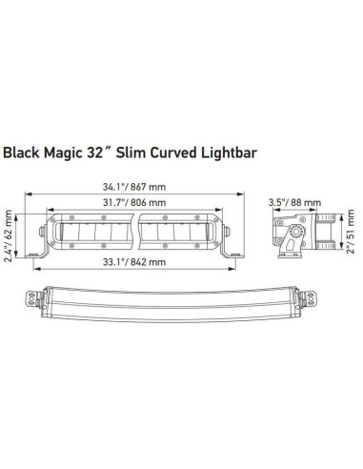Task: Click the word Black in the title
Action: point(23,152)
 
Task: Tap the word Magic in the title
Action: point(70,152)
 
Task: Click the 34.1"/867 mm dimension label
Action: point(131,186)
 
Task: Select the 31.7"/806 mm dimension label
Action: point(131,203)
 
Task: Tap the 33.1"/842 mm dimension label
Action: point(131,261)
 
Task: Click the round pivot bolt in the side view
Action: point(289,232)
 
